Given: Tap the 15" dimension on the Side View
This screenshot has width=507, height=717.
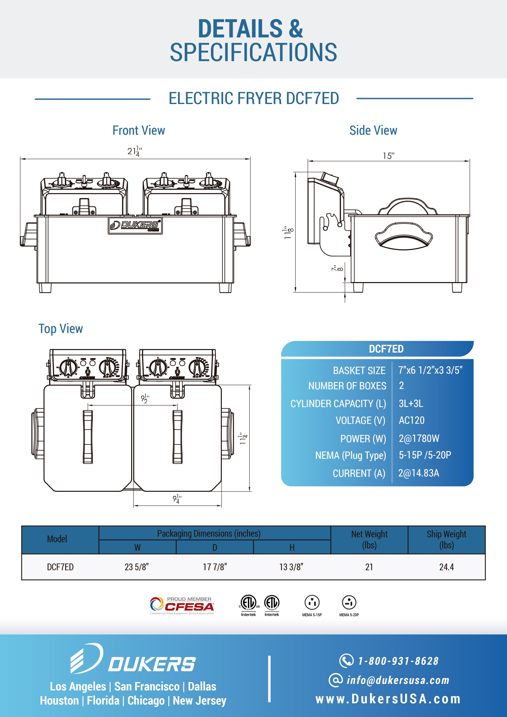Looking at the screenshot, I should pyautogui.click(x=389, y=156).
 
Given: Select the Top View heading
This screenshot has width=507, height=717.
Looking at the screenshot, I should pyautogui.click(x=61, y=328).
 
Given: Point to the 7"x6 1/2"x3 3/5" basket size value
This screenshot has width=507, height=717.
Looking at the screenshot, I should pyautogui.click(x=430, y=370).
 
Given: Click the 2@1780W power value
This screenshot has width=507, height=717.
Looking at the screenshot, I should pyautogui.click(x=419, y=438).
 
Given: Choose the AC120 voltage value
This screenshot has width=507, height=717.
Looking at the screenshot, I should pyautogui.click(x=411, y=420).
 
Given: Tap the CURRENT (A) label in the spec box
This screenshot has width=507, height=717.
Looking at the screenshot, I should pyautogui.click(x=359, y=473).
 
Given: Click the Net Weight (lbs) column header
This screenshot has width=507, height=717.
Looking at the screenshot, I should pyautogui.click(x=369, y=539).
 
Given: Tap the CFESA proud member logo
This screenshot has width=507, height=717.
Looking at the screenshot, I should pyautogui.click(x=182, y=606).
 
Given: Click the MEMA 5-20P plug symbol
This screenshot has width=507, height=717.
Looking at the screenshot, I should pyautogui.click(x=349, y=603).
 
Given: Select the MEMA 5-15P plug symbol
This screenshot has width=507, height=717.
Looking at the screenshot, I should pyautogui.click(x=312, y=603).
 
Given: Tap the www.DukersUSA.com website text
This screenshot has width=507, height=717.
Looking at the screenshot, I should pyautogui.click(x=388, y=699).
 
